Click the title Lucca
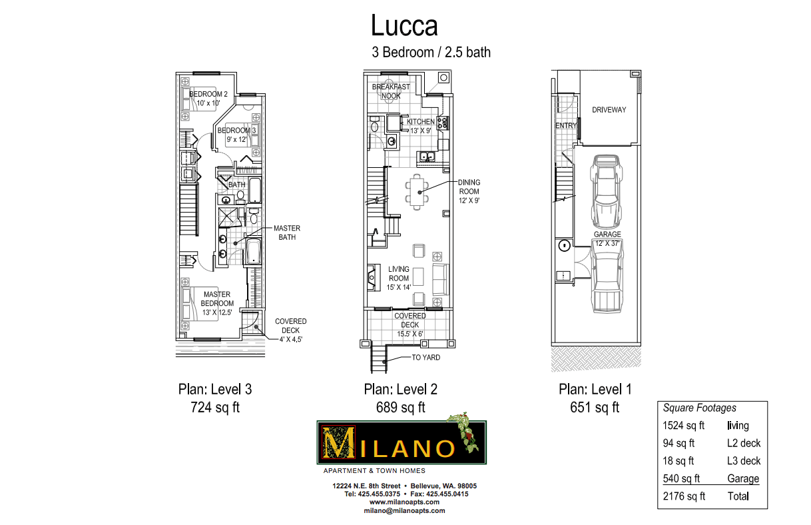404,26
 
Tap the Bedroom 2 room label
208,99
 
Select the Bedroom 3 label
236,135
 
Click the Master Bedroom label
217,298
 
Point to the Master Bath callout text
287,233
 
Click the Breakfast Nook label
391,91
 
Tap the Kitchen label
421,122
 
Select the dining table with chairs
417,191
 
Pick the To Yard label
425,358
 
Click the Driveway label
609,110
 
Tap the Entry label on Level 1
565,126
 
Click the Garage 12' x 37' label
607,239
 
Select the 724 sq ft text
215,408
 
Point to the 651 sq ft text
595,408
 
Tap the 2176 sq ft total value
684,496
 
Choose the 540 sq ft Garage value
684,478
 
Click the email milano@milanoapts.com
404,510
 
